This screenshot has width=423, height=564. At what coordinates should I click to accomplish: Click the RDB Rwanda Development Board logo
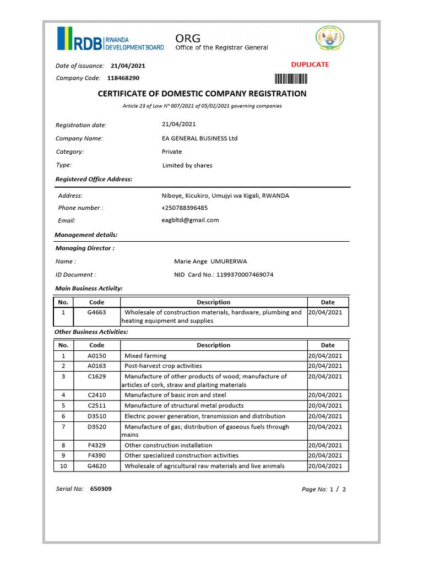tap(110, 39)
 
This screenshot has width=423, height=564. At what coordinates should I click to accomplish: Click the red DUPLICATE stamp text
tap(310, 64)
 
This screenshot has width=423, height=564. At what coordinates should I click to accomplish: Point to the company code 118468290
tap(123, 78)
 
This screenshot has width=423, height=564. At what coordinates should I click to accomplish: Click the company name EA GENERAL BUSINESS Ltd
tap(199, 138)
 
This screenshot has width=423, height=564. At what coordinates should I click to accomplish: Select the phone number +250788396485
tap(185, 208)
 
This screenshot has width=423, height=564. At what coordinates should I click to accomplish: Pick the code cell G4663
tap(96, 312)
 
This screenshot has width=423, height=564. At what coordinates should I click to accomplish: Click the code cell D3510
tap(96, 416)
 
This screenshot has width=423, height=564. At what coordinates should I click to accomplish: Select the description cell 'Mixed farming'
tap(145, 356)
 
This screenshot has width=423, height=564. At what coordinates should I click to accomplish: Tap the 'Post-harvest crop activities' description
tap(163, 366)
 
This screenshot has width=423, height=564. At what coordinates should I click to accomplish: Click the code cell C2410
tap(96, 395)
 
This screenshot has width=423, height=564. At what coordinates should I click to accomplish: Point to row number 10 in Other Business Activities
tap(63, 466)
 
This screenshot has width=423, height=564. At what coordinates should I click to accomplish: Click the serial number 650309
tap(101, 489)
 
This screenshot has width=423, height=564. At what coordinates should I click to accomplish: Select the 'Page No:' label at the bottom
tap(314, 489)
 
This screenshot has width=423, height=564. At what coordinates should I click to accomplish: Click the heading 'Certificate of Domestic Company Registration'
tap(202, 94)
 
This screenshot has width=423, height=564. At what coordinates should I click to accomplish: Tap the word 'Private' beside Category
tap(172, 151)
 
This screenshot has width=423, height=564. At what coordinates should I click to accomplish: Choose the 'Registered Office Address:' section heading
tap(94, 179)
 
